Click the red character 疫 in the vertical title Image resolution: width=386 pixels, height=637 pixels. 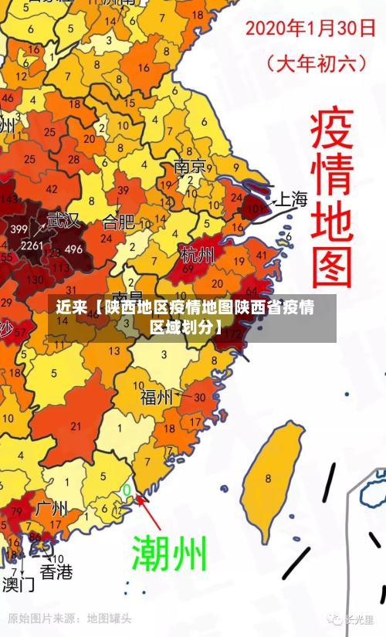331,131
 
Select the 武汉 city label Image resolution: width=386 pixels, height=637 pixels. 63,221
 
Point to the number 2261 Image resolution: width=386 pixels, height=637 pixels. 32,246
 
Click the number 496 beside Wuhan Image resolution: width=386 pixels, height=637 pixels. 73,249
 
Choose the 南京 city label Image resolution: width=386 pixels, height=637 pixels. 190,167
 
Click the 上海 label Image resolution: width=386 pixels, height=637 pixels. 292,200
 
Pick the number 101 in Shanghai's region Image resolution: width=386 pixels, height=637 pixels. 257,208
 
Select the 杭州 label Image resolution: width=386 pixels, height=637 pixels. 198,255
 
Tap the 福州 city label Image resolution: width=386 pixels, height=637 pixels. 157,398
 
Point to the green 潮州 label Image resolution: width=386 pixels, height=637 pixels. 169,552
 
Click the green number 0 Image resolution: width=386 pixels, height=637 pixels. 127,490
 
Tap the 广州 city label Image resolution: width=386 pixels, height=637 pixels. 52,509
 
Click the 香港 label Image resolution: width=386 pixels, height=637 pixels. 56,572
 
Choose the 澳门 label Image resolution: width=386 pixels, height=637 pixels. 18,584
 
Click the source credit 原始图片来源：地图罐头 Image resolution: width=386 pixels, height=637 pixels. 69,618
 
